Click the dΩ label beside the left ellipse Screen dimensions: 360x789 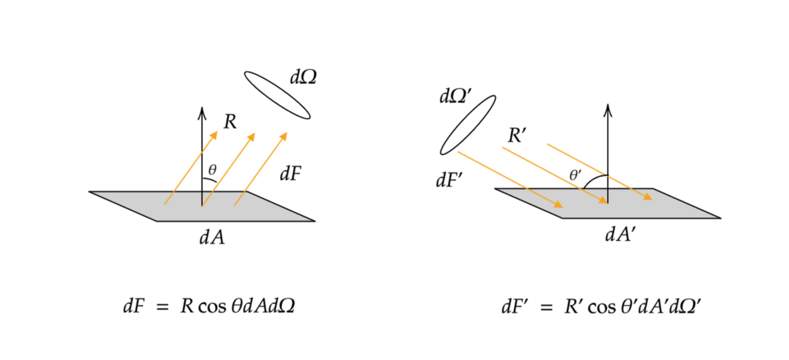[303, 77]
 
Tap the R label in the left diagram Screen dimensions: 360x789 [229, 123]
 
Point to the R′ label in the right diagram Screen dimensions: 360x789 [516, 137]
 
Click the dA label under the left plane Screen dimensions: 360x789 [212, 237]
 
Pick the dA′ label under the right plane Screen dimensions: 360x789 [620, 235]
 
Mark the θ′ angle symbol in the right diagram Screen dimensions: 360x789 [575, 175]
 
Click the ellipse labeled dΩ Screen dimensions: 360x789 [277, 95]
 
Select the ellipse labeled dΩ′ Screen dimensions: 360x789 [468, 125]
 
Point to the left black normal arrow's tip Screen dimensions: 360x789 [202, 109]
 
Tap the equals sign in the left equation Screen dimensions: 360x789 [162, 307]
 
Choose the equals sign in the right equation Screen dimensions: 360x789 [545, 307]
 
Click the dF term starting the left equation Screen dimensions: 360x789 [134, 307]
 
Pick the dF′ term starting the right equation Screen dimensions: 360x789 [514, 307]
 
